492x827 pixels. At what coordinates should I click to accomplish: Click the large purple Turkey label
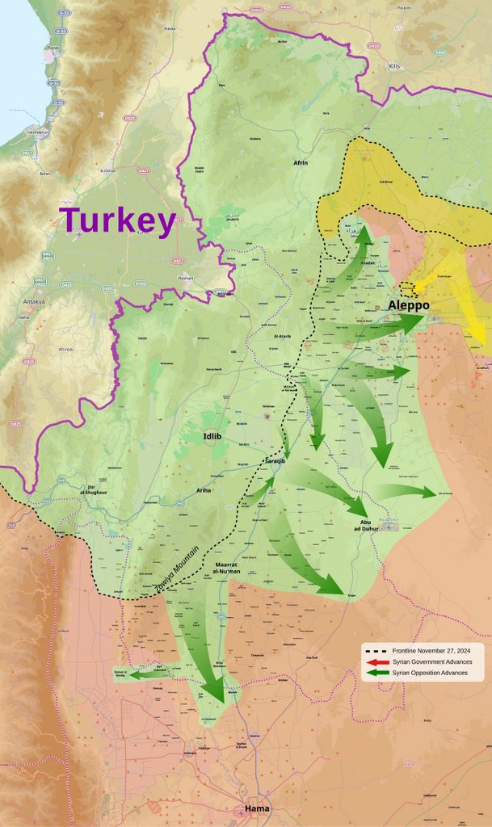click(x=117, y=220)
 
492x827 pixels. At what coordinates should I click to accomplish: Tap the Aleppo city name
click(x=408, y=305)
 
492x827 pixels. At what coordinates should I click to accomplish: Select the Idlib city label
click(x=212, y=437)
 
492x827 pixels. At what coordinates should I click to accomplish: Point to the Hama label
click(x=257, y=808)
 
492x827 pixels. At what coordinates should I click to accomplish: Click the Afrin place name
click(x=301, y=162)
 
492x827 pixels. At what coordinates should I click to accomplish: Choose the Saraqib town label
click(x=275, y=460)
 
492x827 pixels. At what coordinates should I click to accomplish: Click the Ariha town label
click(x=204, y=490)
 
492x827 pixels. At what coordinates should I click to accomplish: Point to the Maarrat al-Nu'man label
click(x=227, y=567)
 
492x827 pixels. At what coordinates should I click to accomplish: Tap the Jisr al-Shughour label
click(x=96, y=489)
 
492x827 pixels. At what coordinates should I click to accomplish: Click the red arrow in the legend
click(x=377, y=661)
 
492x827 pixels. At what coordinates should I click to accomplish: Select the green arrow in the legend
click(x=377, y=673)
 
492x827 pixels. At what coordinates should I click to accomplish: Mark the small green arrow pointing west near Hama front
click(x=145, y=671)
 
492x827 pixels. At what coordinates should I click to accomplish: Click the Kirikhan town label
click(x=107, y=170)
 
